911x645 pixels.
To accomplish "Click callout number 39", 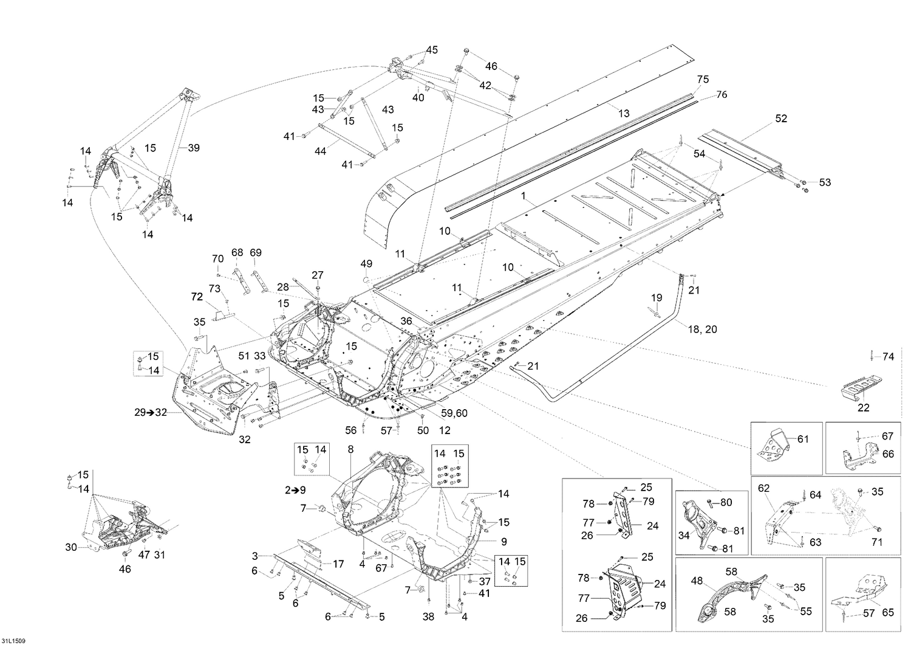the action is (x=194, y=148).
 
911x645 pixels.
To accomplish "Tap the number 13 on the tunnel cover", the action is (x=624, y=114).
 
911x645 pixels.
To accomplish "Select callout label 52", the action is (x=781, y=119).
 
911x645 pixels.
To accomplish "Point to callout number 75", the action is (x=703, y=80).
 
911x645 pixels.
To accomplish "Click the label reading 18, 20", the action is (x=702, y=329).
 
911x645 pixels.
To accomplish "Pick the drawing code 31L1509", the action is (x=13, y=641).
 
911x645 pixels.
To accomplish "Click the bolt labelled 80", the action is (x=711, y=504).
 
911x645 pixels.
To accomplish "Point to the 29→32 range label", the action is (x=151, y=413).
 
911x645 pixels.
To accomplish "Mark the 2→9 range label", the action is (x=295, y=490).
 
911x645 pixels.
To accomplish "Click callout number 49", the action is (x=366, y=263).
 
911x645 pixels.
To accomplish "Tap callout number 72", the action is (x=197, y=297).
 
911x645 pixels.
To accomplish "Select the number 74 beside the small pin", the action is (x=888, y=357).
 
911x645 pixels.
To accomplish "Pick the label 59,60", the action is (x=454, y=413).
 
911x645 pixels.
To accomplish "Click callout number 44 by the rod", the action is (x=321, y=151).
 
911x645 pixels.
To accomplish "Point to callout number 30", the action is (x=71, y=548).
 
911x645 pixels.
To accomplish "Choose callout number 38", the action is (x=428, y=617).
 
